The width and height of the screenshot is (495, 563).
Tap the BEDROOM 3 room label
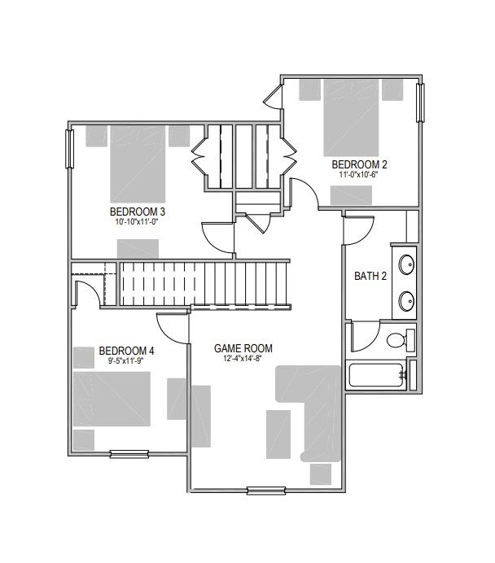[x=138, y=212]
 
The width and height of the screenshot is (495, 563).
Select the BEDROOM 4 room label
[x=126, y=351]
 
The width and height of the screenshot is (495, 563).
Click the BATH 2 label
[x=370, y=276]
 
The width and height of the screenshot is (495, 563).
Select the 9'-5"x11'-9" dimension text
[x=126, y=360]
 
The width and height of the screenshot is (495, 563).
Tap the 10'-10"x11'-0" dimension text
[x=138, y=222]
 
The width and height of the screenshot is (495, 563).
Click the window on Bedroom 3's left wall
[x=70, y=148]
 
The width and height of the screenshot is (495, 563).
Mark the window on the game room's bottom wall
[x=266, y=490]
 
